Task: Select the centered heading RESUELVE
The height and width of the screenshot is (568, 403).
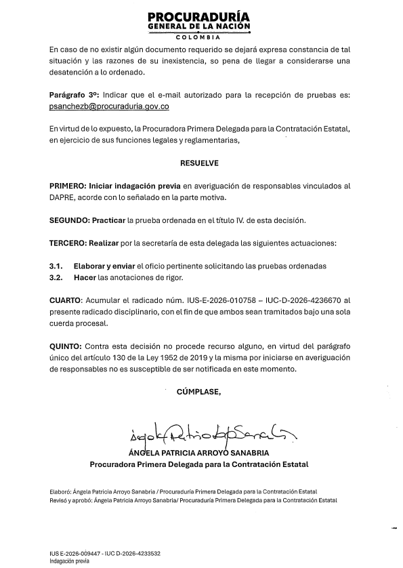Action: (x=199, y=164)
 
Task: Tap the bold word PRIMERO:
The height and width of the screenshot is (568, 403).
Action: (x=67, y=185)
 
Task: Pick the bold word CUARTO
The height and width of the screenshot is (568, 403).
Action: (x=65, y=299)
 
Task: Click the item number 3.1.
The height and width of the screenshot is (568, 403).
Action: (x=56, y=266)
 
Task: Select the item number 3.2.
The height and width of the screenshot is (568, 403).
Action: (x=56, y=277)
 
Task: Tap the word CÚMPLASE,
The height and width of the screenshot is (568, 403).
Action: (x=198, y=392)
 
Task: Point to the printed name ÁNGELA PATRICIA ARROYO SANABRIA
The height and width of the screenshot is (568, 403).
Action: (x=198, y=452)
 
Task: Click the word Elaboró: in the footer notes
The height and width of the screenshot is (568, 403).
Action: (x=62, y=491)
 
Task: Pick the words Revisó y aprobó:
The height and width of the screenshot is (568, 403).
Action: (x=71, y=499)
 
